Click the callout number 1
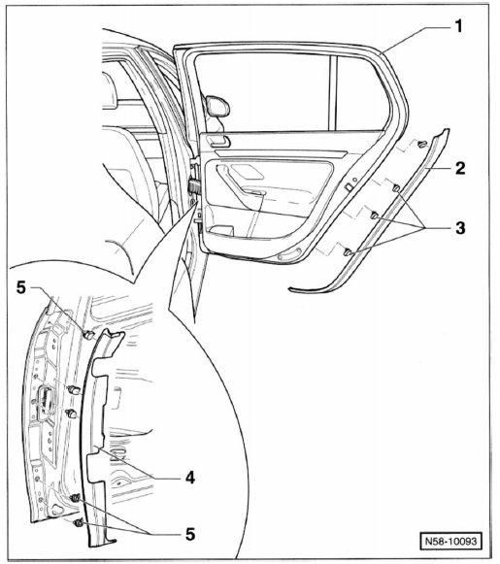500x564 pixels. pyautogui.click(x=458, y=26)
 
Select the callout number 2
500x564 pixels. pyautogui.click(x=460, y=168)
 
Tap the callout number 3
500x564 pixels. pyautogui.click(x=460, y=228)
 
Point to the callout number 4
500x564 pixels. pyautogui.click(x=190, y=478)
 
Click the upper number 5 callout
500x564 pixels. pyautogui.click(x=21, y=287)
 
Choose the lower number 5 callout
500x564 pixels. pyautogui.click(x=190, y=534)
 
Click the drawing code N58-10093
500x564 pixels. pyautogui.click(x=450, y=541)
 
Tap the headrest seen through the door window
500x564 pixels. pyautogui.click(x=217, y=106)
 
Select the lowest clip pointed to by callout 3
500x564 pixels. pyautogui.click(x=348, y=251)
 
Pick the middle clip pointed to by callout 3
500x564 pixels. pyautogui.click(x=374, y=216)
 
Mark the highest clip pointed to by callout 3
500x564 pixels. pyautogui.click(x=396, y=187)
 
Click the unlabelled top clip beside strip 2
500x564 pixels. pyautogui.click(x=422, y=145)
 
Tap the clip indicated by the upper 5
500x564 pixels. pyautogui.click(x=88, y=335)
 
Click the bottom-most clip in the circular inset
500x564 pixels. pyautogui.click(x=78, y=522)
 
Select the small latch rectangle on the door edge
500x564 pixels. pyautogui.click(x=349, y=186)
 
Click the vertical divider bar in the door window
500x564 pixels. pyautogui.click(x=334, y=93)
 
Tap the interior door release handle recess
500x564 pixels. pyautogui.click(x=219, y=141)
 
